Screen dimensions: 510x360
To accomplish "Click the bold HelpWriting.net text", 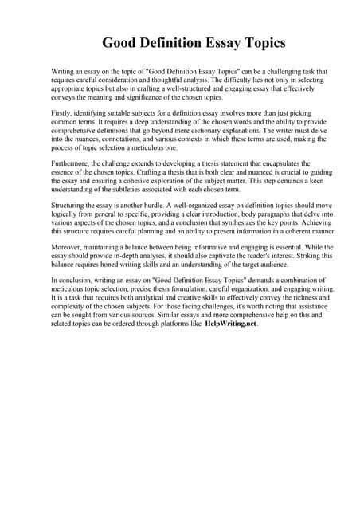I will click(230, 324).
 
